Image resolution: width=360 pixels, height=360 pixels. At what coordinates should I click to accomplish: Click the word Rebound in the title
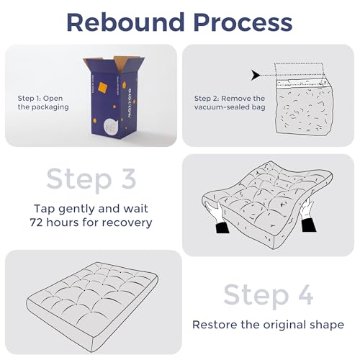[125, 22]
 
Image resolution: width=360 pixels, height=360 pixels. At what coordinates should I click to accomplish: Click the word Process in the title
[243, 22]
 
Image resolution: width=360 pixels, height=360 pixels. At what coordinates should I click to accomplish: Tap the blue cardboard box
[114, 97]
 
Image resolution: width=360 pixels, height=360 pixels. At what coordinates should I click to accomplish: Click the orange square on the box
[103, 87]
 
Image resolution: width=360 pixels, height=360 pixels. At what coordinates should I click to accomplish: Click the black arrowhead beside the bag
[255, 75]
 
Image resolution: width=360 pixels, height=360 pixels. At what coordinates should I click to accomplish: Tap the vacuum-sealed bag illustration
[304, 107]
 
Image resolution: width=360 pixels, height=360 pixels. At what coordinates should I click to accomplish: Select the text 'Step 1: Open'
[40, 98]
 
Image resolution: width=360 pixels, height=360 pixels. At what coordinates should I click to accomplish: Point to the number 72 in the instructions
[37, 222]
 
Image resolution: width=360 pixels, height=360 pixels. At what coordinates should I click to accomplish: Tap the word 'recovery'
[127, 223]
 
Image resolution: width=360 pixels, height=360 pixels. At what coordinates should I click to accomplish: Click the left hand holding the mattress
[214, 211]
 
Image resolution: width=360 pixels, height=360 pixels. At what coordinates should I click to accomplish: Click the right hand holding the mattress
[307, 208]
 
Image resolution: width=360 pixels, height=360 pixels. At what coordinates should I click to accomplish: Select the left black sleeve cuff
[222, 228]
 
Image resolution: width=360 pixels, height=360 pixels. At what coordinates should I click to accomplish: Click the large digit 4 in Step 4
[305, 294]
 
